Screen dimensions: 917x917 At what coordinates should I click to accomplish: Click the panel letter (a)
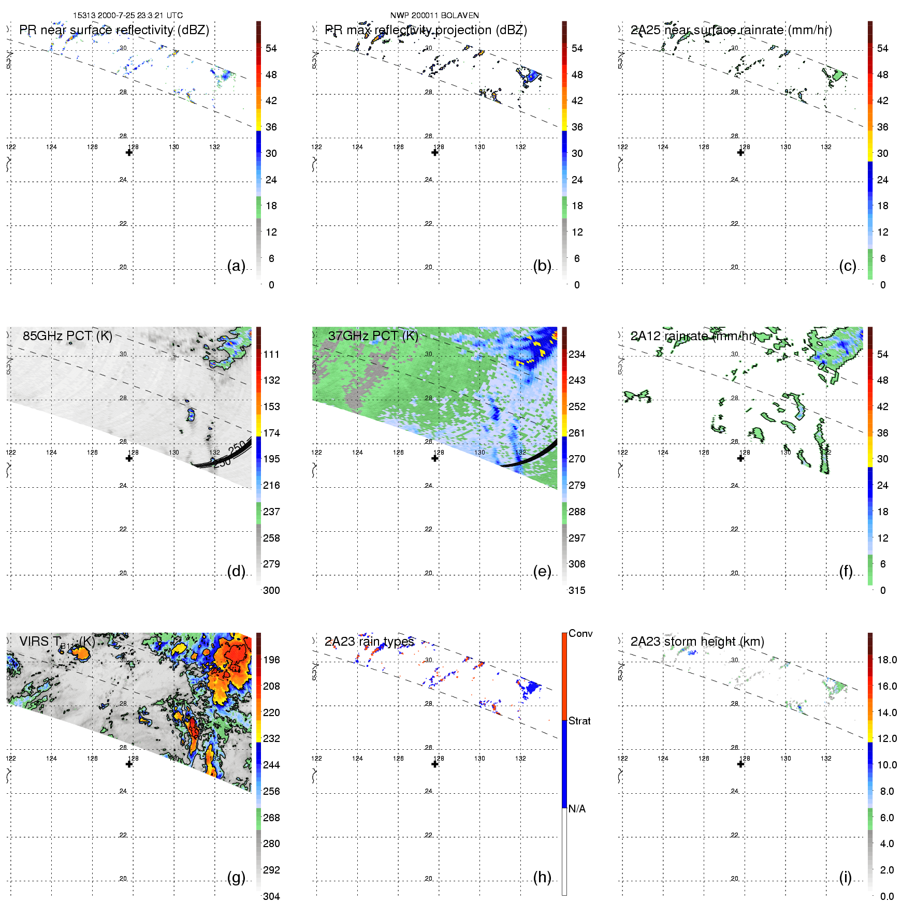tap(236, 266)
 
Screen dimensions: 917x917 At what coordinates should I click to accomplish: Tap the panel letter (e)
tap(542, 571)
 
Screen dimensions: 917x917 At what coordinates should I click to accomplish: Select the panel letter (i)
tap(845, 877)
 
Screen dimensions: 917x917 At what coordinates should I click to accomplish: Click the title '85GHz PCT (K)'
tap(67, 336)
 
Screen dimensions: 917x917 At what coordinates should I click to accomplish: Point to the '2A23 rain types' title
tap(369, 642)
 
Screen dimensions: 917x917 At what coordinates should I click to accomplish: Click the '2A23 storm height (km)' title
tap(697, 642)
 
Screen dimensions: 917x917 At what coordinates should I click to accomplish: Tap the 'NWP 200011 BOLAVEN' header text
tap(434, 16)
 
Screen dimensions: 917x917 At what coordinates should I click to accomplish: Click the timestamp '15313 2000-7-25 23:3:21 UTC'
tap(128, 16)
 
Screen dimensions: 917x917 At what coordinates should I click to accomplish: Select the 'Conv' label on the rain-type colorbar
tap(580, 633)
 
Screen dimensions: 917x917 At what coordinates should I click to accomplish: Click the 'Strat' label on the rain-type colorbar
tap(579, 721)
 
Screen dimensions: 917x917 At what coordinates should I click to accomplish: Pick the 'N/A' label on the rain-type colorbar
tap(577, 809)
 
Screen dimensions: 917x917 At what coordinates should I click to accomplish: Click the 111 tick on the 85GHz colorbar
tap(271, 354)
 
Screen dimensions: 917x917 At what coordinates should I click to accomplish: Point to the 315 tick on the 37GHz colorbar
tap(577, 590)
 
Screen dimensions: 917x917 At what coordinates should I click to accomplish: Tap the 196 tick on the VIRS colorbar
tap(271, 660)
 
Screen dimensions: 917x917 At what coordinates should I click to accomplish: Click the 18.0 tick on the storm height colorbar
tap(887, 660)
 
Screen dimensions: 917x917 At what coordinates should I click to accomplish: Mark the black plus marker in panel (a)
tap(129, 152)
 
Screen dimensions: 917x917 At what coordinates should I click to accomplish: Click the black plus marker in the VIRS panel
tap(129, 764)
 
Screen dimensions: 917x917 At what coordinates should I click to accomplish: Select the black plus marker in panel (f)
tap(741, 458)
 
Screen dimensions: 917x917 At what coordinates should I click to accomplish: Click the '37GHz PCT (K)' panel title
tap(373, 336)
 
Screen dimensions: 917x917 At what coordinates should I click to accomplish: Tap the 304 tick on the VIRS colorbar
tap(271, 896)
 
